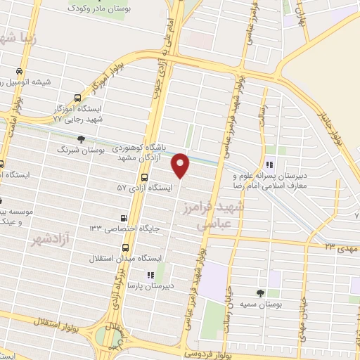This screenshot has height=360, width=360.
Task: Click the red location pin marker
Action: pos(181,165)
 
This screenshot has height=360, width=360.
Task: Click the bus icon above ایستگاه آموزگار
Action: pos(77,99)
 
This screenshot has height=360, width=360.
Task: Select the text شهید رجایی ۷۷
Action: pos(78,120)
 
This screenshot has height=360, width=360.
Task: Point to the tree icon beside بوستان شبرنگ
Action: pos(81,139)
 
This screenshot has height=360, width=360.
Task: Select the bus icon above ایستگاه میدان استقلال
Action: pos(125,247)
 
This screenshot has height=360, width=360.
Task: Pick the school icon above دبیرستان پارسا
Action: pos(149,275)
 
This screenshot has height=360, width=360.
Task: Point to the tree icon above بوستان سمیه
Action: pos(262,293)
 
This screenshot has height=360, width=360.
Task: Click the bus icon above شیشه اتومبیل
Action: pos(20,71)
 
